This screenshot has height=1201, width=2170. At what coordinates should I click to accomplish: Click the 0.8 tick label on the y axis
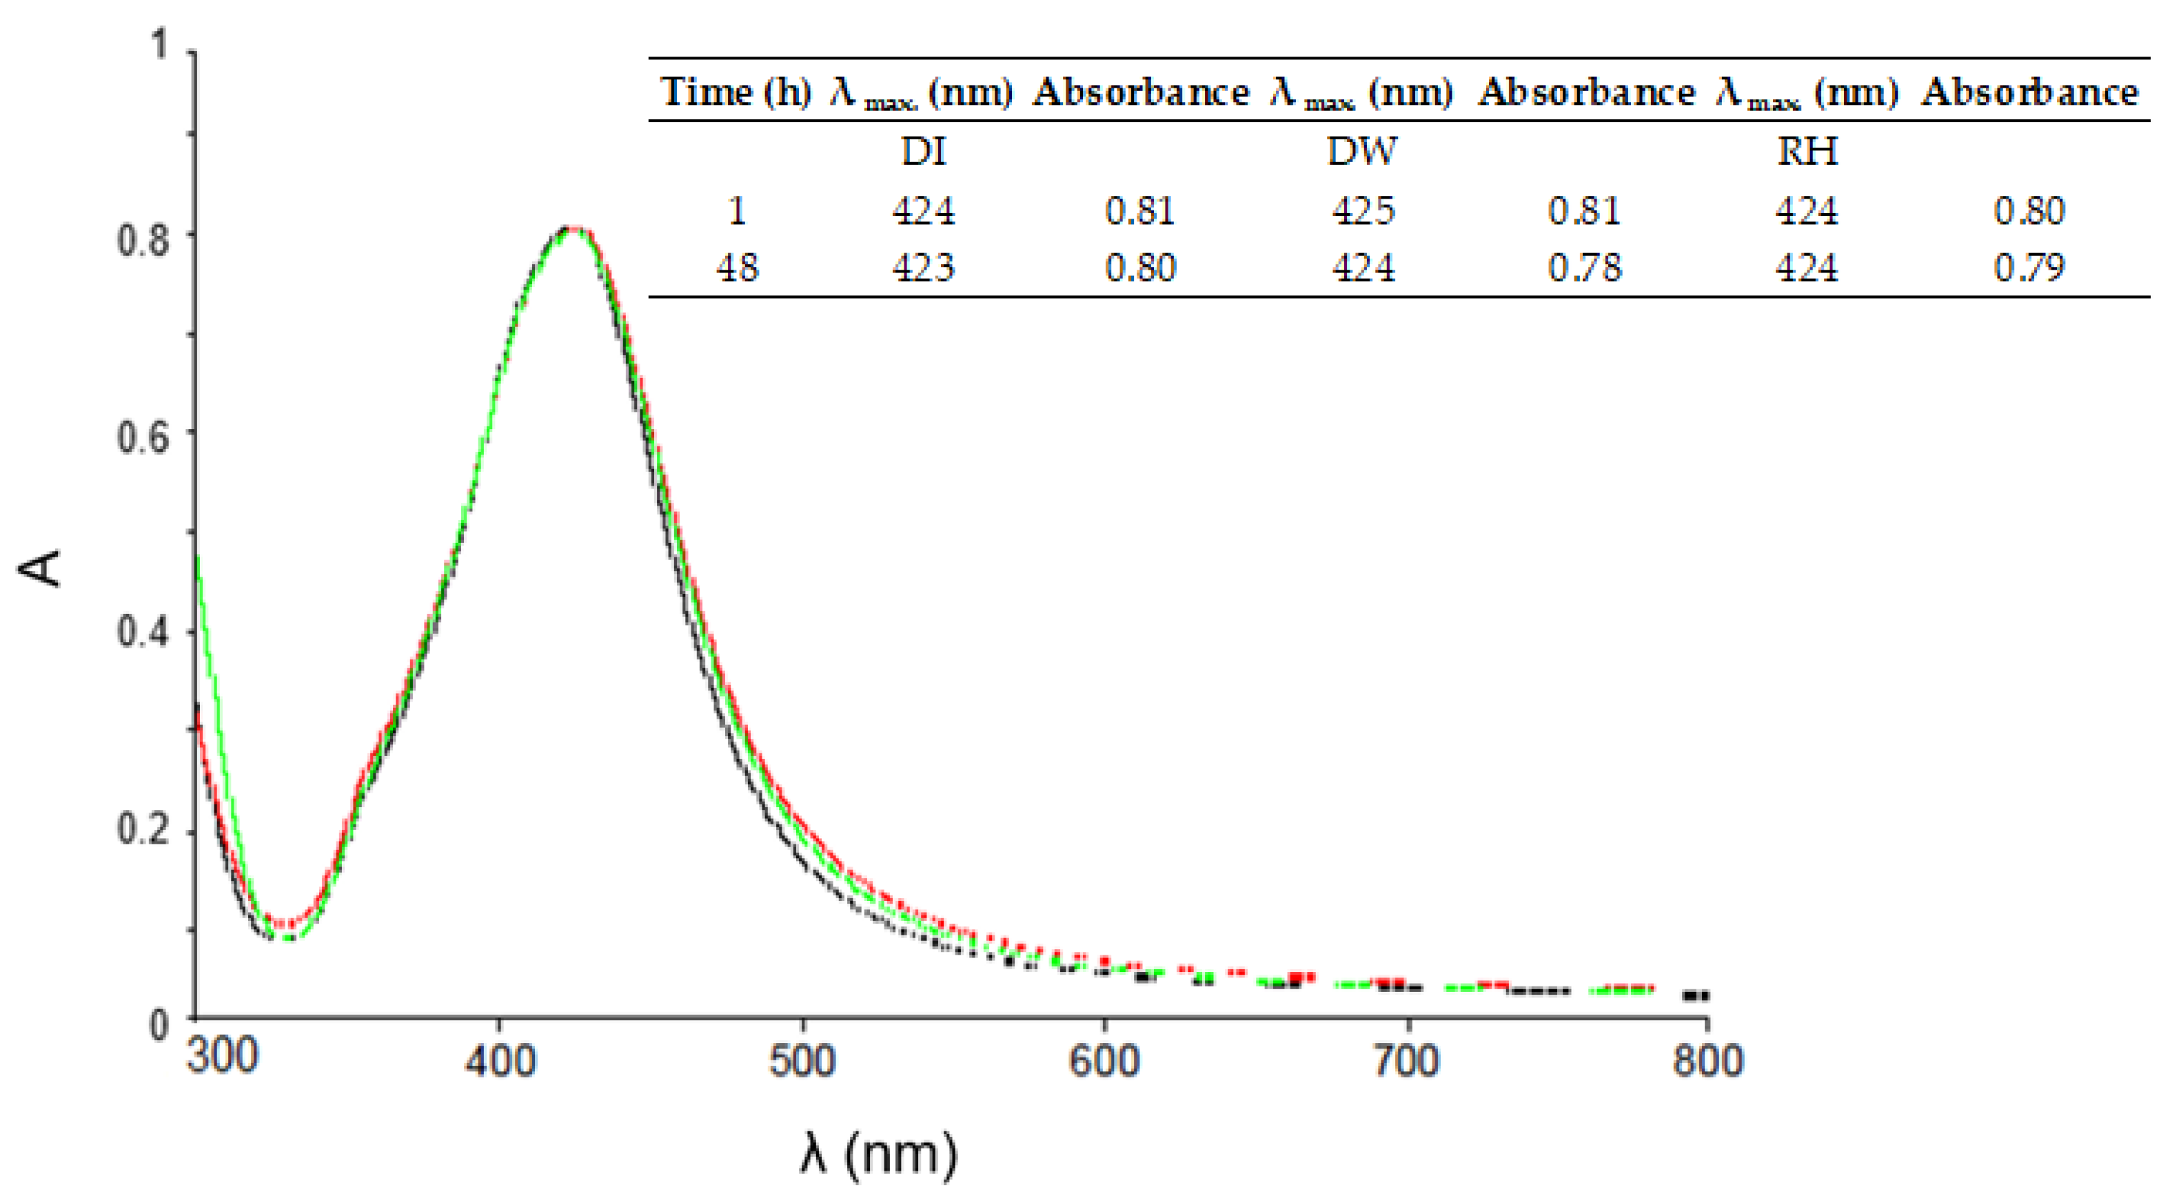(x=143, y=240)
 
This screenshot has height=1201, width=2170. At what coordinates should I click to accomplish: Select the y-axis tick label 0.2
(x=143, y=830)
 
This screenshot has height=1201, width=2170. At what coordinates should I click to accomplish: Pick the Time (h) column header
(x=736, y=91)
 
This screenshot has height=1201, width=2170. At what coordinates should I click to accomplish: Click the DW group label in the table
(x=1362, y=152)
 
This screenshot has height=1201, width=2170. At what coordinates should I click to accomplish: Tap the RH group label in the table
(x=1807, y=152)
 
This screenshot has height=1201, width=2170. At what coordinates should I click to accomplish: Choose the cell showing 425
(x=1363, y=210)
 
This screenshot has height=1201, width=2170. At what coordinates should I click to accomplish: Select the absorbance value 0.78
(x=1583, y=268)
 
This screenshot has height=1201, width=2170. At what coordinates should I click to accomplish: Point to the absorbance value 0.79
(x=2029, y=268)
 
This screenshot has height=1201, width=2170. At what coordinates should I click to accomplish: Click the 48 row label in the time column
(x=737, y=268)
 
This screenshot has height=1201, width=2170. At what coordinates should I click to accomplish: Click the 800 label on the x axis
(x=1707, y=1060)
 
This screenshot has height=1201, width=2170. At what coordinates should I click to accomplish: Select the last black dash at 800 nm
(x=1696, y=995)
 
